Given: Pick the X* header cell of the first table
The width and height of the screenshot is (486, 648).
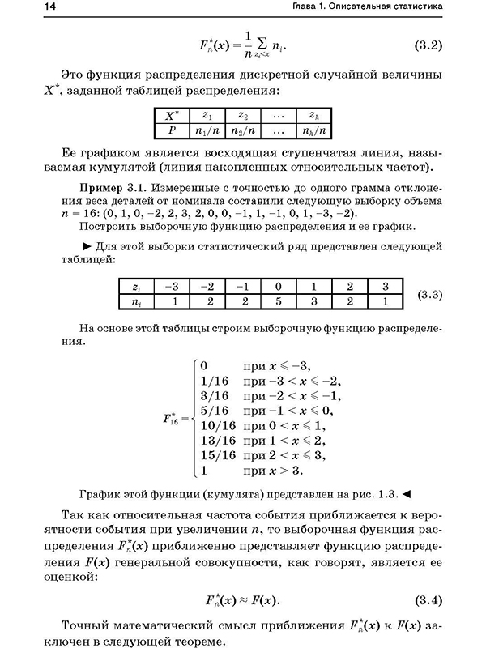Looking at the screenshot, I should pyautogui.click(x=171, y=115).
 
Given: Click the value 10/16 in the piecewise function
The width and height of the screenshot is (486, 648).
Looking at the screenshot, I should pyautogui.click(x=215, y=424).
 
